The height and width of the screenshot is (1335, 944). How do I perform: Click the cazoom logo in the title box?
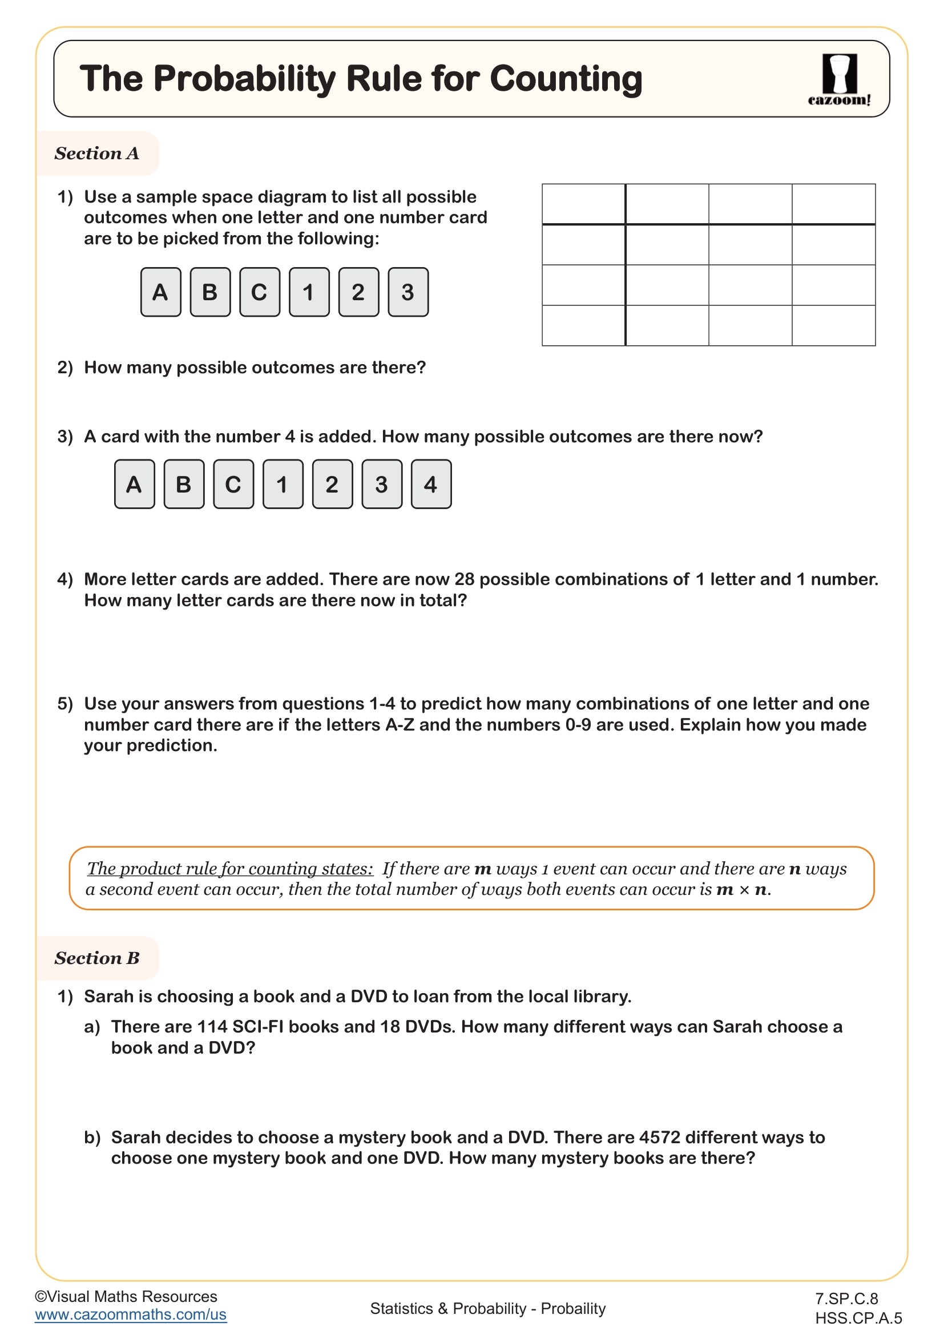[x=839, y=79]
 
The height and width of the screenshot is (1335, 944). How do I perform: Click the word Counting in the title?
[x=566, y=79]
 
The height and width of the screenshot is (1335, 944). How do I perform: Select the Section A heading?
[x=97, y=154]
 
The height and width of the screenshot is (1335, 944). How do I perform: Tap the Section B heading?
[x=97, y=958]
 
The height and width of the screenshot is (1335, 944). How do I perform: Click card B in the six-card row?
[x=210, y=292]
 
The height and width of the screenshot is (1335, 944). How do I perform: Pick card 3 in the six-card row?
[x=408, y=292]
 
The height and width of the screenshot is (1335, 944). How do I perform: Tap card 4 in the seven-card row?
[x=431, y=485]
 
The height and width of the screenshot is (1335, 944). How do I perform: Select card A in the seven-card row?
[x=134, y=485]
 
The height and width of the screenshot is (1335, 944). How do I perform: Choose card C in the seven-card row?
[x=233, y=485]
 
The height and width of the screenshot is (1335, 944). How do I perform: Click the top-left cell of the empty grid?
[x=583, y=204]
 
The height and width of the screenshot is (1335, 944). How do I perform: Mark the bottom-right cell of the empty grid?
[x=833, y=325]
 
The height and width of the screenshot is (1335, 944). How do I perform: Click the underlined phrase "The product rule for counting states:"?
[x=230, y=869]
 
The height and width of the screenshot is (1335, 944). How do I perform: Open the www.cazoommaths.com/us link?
[x=130, y=1314]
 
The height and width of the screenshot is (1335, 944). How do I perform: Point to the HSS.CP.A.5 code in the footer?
[x=858, y=1318]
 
